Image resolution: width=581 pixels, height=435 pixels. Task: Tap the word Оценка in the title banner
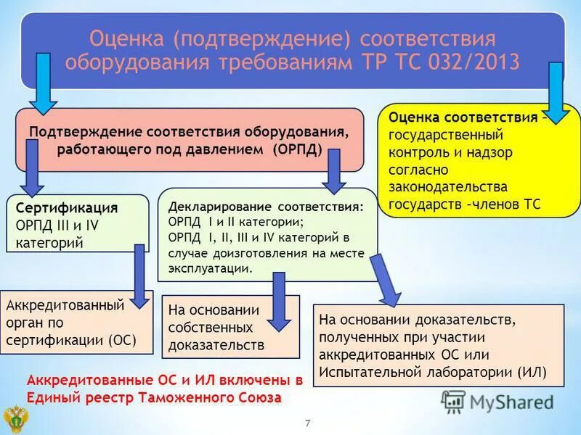121,37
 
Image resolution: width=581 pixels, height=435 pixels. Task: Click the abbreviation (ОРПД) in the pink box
297,149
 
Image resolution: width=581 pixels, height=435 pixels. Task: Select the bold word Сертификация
67,208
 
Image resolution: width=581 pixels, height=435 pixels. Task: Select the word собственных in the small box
210,328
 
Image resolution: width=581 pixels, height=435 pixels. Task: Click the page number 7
307,423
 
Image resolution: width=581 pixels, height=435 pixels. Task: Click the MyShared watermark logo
497,401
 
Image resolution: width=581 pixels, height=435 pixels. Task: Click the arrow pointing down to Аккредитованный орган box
139,275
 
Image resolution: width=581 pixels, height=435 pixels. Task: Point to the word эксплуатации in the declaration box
210,268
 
